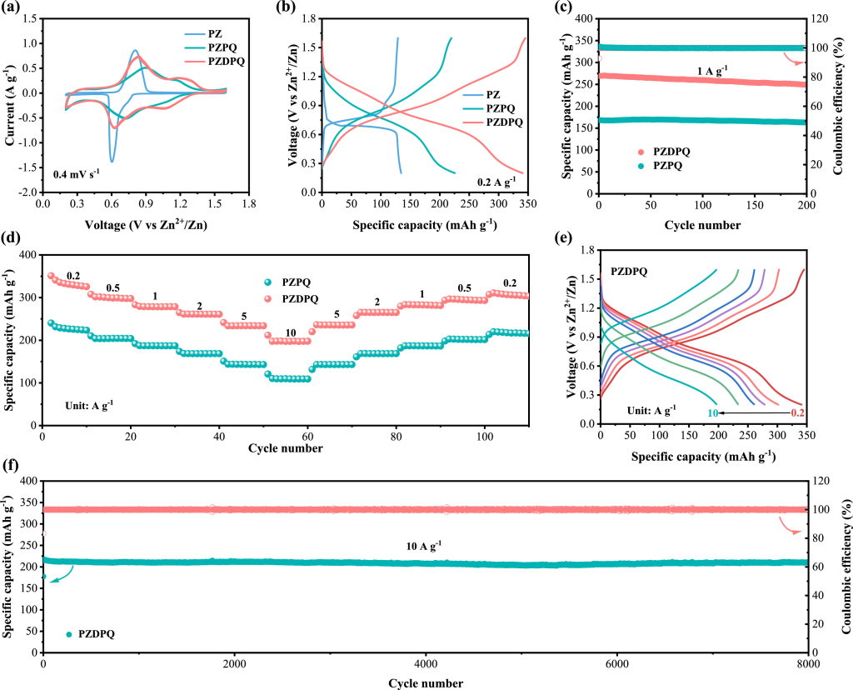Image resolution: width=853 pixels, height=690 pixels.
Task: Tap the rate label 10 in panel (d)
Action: tap(289, 332)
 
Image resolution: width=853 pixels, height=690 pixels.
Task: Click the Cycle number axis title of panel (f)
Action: tap(425, 683)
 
